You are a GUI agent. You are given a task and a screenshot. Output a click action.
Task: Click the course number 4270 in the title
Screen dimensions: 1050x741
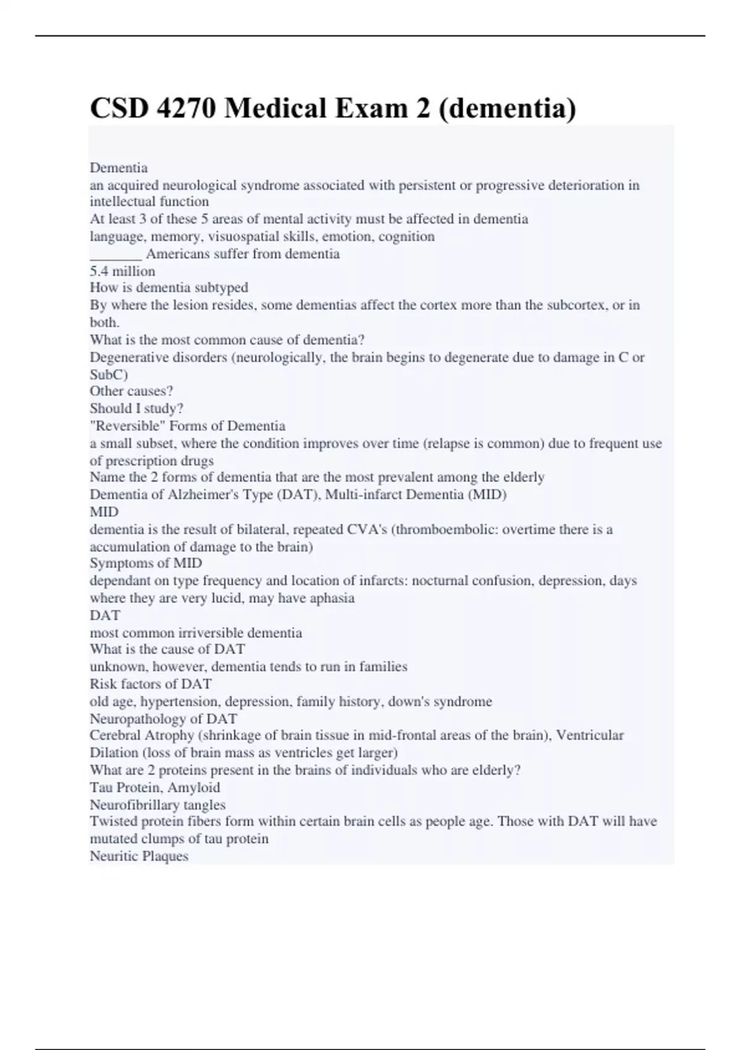pyautogui.click(x=186, y=108)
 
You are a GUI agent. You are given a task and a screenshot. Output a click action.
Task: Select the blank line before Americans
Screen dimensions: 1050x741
pyautogui.click(x=115, y=254)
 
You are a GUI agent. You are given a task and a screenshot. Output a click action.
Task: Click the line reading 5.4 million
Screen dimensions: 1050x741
pyautogui.click(x=122, y=271)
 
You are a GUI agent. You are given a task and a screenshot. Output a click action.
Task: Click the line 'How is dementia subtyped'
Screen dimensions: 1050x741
pyautogui.click(x=169, y=288)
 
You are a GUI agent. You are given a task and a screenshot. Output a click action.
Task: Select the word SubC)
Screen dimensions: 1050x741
pyautogui.click(x=109, y=374)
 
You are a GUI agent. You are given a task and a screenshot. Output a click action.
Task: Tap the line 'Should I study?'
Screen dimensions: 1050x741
pyautogui.click(x=136, y=408)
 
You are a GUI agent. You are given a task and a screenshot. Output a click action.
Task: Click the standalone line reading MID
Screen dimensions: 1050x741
pyautogui.click(x=104, y=512)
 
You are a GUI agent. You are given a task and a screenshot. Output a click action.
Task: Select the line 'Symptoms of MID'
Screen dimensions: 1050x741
pyautogui.click(x=146, y=563)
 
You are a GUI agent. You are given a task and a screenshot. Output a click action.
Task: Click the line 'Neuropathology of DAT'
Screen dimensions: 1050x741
pyautogui.click(x=163, y=719)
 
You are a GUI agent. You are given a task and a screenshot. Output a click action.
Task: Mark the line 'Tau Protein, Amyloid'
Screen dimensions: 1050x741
pyautogui.click(x=154, y=787)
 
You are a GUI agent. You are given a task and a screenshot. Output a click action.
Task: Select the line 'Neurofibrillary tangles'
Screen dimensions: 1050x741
pyautogui.click(x=157, y=805)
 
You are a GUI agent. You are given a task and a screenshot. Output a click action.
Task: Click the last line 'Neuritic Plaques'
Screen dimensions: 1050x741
pyautogui.click(x=139, y=856)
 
